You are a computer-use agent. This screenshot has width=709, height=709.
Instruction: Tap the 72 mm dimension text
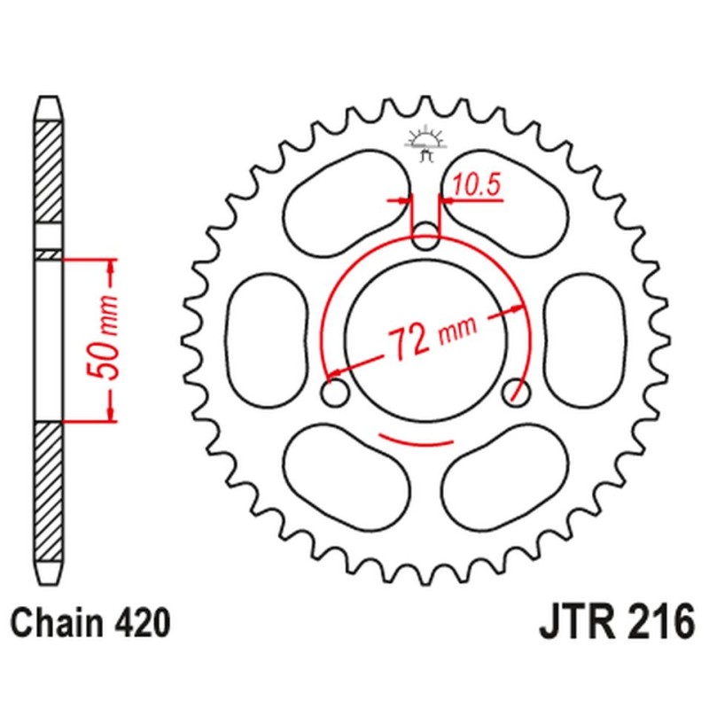[x=431, y=338]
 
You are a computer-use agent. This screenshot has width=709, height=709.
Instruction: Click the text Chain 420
[x=90, y=624]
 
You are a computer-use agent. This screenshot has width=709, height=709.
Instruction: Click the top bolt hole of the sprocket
[x=426, y=237]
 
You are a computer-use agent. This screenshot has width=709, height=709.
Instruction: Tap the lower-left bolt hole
[x=335, y=393]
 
